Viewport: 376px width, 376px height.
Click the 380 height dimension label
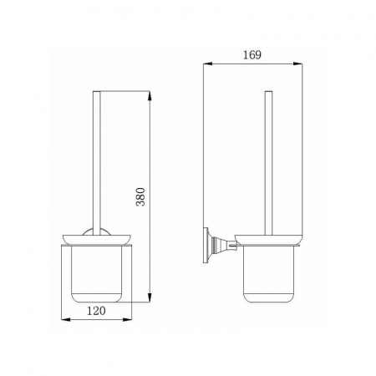[141, 196]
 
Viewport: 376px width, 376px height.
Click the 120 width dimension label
[96, 311]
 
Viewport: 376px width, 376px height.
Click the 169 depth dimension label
[252, 55]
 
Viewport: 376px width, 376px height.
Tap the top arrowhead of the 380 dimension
[150, 95]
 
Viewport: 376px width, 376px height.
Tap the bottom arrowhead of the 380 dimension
[150, 297]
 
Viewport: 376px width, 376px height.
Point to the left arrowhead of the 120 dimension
[65, 319]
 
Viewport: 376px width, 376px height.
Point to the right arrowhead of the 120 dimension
[127, 319]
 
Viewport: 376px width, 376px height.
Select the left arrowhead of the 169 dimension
[208, 64]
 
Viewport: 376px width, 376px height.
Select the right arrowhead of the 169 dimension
[297, 64]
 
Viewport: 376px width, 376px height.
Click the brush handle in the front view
[96, 163]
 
